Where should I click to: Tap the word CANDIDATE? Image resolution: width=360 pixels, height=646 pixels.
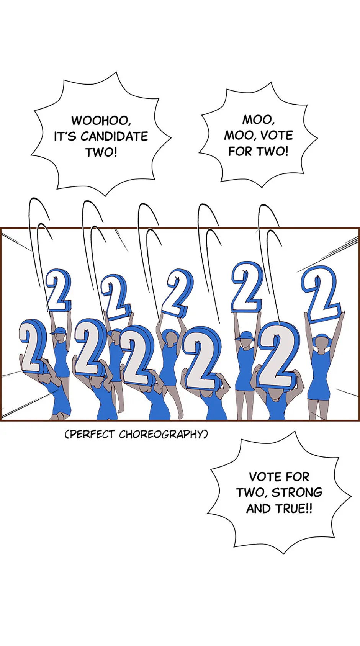(114, 136)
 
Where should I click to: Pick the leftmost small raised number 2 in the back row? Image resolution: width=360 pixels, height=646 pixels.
(59, 290)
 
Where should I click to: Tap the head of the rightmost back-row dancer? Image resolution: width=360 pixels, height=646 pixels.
(321, 342)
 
